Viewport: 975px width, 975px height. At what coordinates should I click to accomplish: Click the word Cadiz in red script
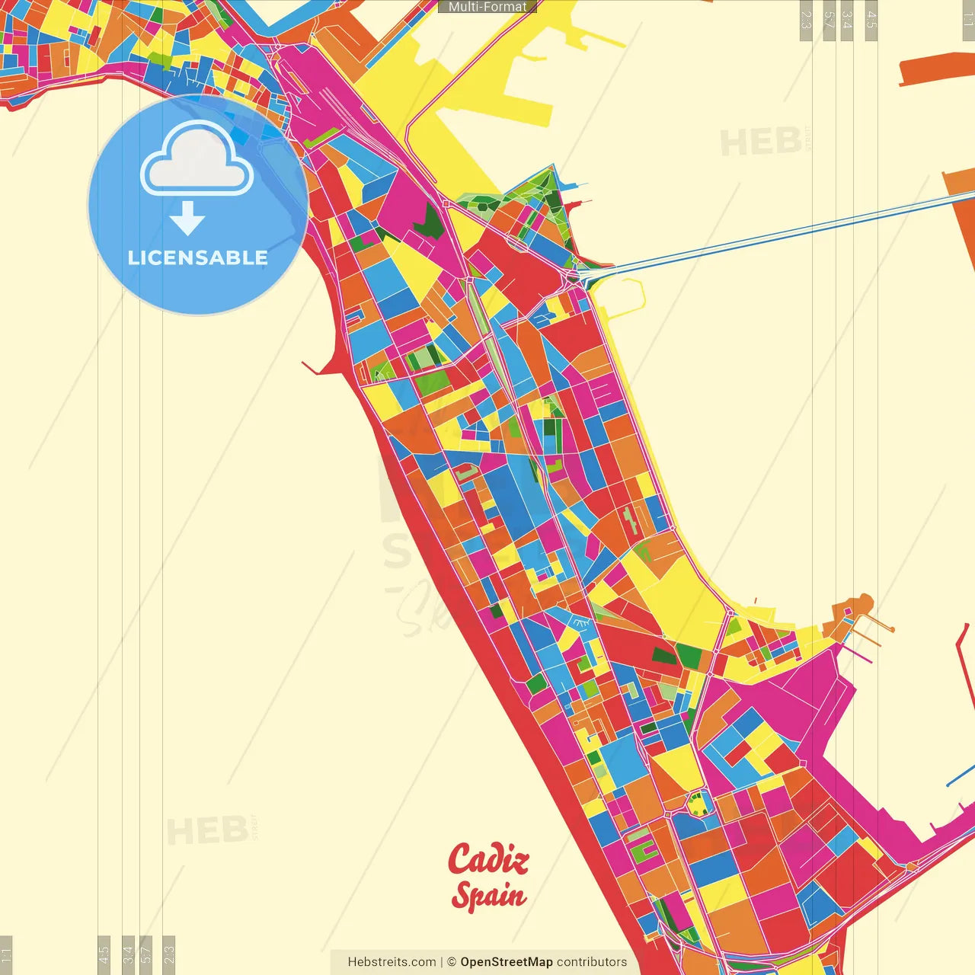tap(488, 859)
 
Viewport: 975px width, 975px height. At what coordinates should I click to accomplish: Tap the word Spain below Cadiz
tap(488, 895)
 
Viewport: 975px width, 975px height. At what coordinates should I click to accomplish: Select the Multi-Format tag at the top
tap(487, 7)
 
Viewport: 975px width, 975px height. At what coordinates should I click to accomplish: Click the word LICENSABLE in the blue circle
tap(198, 257)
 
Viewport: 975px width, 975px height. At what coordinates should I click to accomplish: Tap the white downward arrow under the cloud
tap(187, 218)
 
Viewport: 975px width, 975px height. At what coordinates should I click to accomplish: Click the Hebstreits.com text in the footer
tap(392, 962)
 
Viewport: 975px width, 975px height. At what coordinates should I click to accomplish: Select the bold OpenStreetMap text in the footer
tap(507, 962)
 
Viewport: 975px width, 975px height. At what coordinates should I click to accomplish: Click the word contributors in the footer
tap(592, 962)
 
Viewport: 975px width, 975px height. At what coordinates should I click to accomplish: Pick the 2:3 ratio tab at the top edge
tap(806, 20)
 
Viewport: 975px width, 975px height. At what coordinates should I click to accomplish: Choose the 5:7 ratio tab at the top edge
tap(830, 20)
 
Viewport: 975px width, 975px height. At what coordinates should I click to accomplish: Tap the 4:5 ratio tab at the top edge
tap(871, 20)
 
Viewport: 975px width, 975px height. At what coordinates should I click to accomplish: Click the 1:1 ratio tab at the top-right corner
tap(968, 20)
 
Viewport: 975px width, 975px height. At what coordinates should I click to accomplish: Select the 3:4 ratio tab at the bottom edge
tap(128, 954)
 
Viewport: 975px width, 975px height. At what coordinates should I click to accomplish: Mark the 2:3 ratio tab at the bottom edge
tap(169, 954)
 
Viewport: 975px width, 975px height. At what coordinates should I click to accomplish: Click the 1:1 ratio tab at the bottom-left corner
tap(7, 954)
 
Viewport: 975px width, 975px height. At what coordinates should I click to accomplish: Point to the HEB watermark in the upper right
tap(760, 142)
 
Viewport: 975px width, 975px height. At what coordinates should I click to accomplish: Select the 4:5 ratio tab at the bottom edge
tap(104, 954)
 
